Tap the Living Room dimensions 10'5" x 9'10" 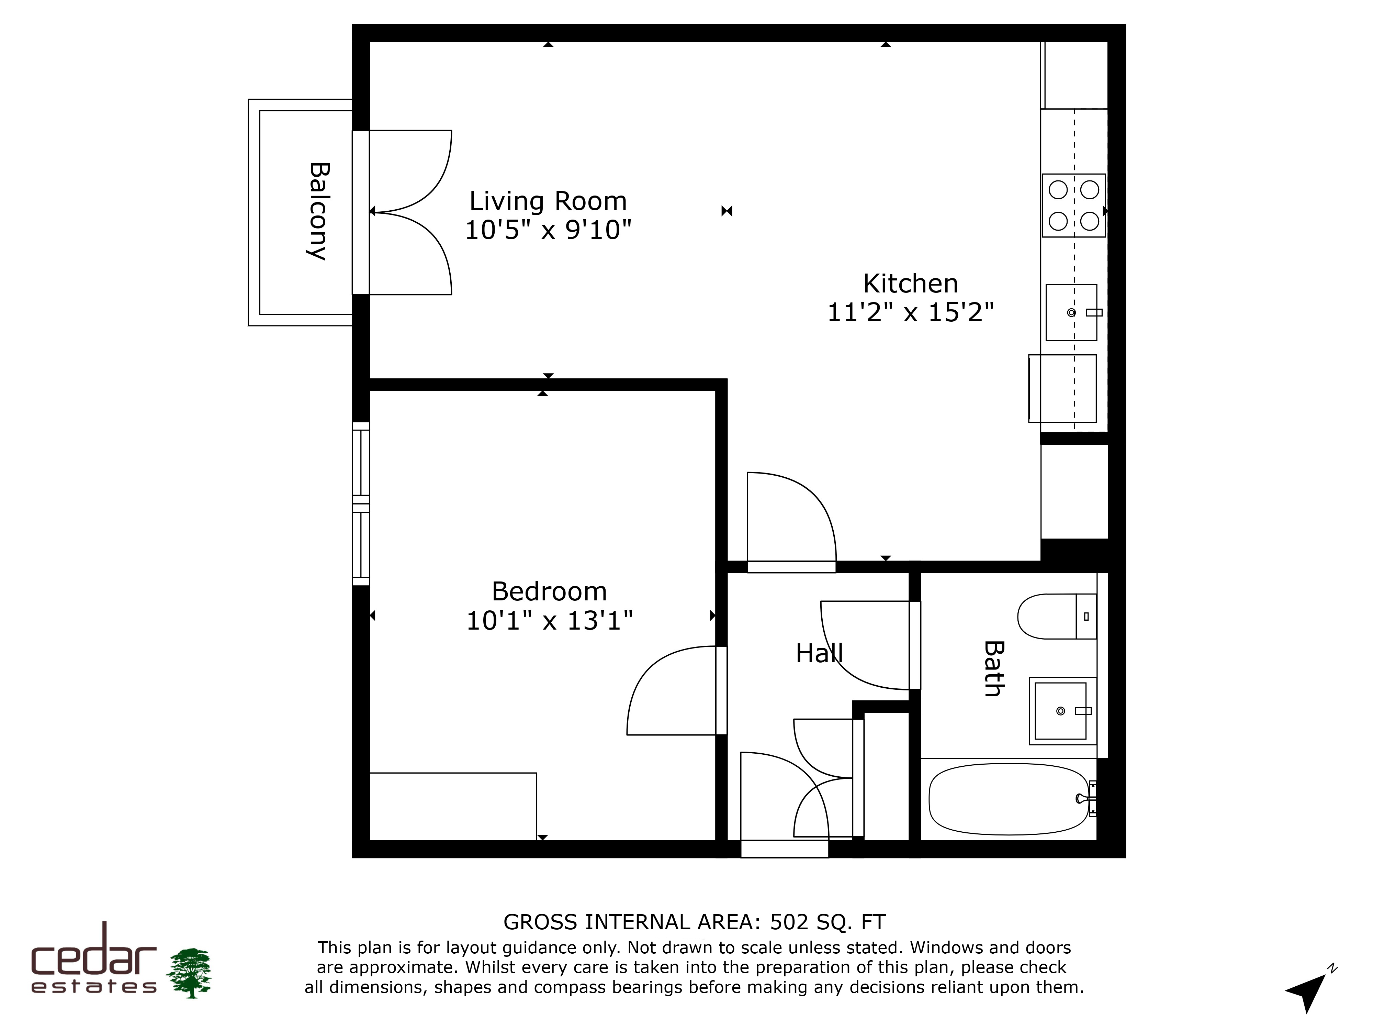tap(548, 230)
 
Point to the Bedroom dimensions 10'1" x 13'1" tap(549, 620)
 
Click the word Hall tap(819, 653)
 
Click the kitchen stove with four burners tap(1073, 205)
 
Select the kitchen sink tap(1071, 313)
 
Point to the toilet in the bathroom tap(1057, 616)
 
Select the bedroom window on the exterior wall tap(361, 503)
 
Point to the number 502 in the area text tap(789, 922)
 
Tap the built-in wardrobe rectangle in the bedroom tap(453, 807)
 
